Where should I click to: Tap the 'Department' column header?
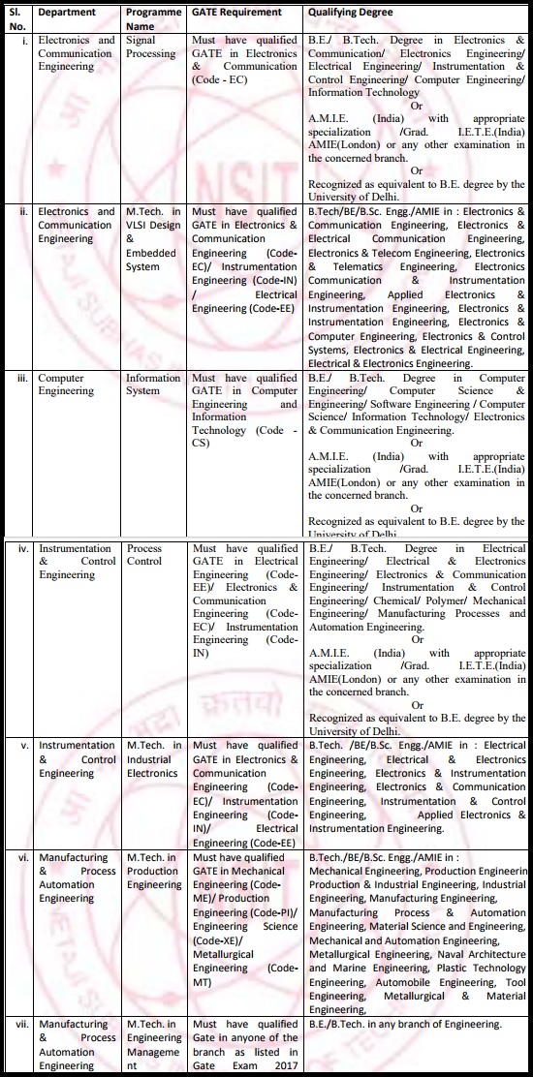[67, 13]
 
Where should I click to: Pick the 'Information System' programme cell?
[153, 385]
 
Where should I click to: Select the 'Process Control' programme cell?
[144, 554]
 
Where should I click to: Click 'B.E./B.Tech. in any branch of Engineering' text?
[405, 1024]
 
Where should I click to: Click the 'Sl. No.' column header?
[16, 18]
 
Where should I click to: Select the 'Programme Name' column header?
[153, 18]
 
